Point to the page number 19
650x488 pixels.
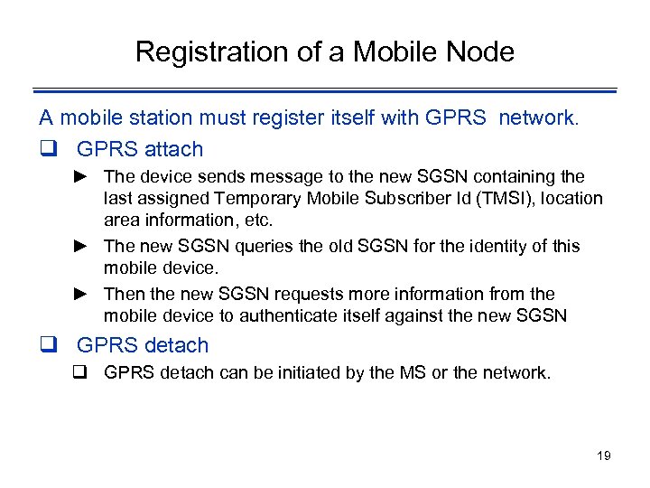pyautogui.click(x=604, y=455)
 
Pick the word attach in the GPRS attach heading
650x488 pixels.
pyautogui.click(x=171, y=149)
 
